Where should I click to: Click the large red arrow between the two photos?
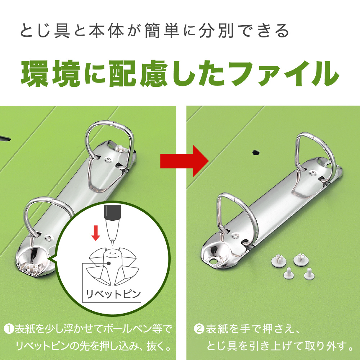click(x=184, y=161)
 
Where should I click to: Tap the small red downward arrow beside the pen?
click(x=95, y=233)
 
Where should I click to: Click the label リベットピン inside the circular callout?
click(x=113, y=294)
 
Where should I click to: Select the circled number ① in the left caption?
click(x=9, y=329)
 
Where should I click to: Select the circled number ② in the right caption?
click(x=199, y=329)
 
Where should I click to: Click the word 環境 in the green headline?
click(x=50, y=74)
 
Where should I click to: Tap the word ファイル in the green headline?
click(x=285, y=74)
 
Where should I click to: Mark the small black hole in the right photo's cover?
click(x=256, y=152)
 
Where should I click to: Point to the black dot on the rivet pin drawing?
click(x=109, y=264)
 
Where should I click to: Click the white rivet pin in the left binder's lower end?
click(x=30, y=267)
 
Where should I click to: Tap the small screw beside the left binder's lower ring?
click(x=48, y=238)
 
